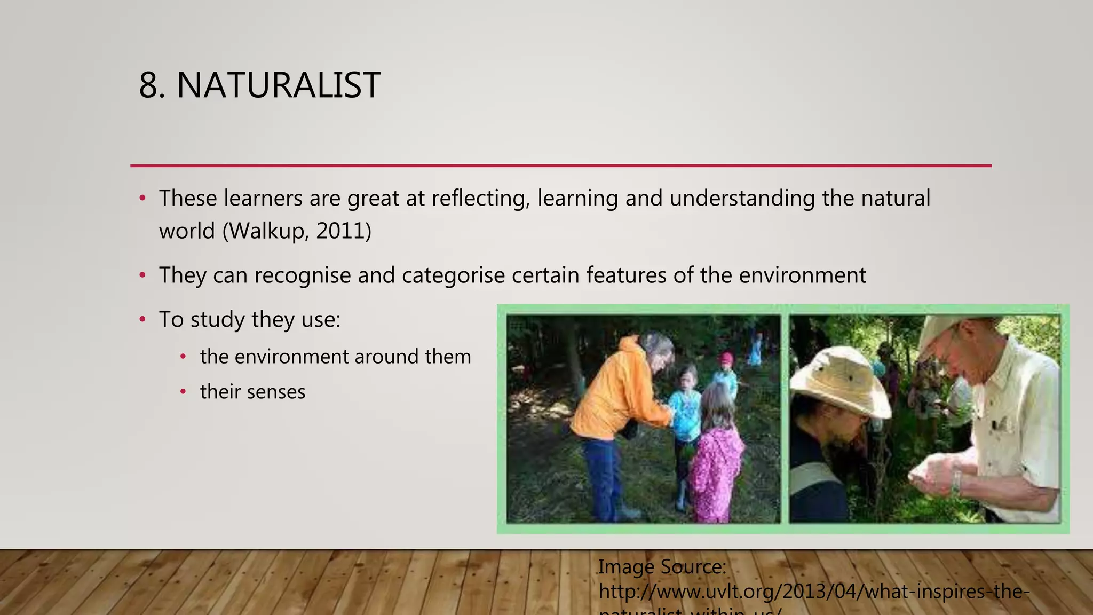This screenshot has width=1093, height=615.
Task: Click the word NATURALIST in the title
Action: click(x=278, y=85)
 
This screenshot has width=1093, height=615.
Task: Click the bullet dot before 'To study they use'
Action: click(x=142, y=320)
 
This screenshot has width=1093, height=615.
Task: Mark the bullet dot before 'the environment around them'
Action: click(x=183, y=357)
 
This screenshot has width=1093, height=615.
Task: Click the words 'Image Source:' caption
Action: click(x=662, y=566)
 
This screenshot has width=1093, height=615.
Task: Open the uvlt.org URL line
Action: click(x=813, y=592)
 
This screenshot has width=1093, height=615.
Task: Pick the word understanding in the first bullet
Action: click(x=742, y=199)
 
